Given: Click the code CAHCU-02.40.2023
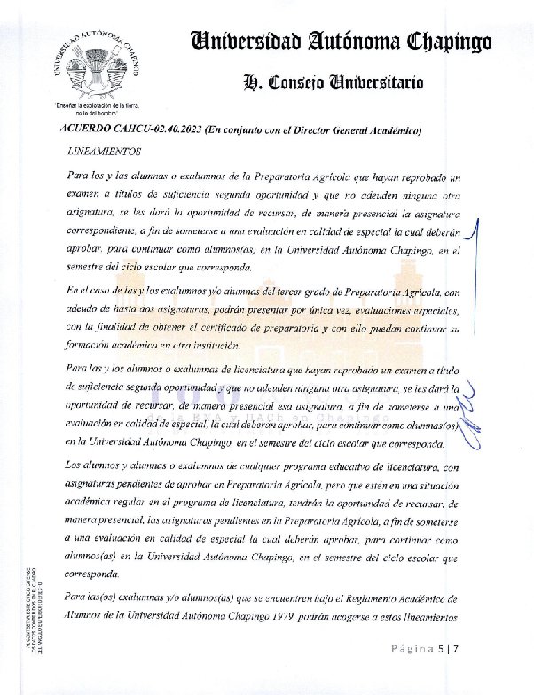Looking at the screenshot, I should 152,130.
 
